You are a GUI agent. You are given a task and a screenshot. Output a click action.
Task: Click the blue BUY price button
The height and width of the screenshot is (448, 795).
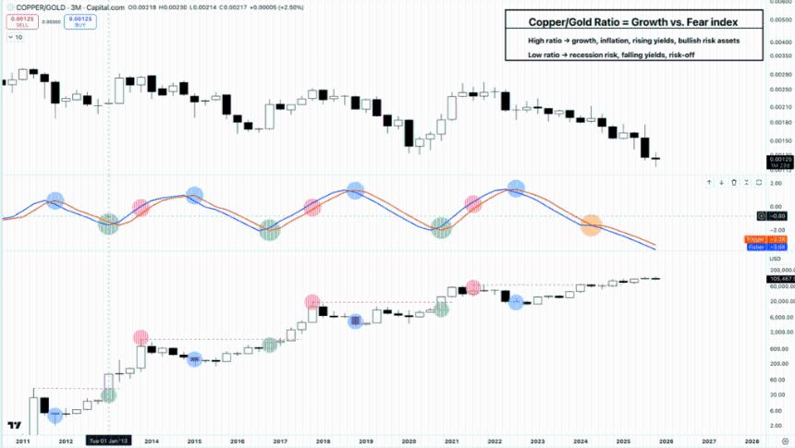point(79,22)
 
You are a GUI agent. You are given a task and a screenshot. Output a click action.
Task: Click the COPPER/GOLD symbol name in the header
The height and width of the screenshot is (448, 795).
point(39,7)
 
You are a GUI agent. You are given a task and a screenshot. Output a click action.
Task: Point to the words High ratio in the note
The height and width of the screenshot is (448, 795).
point(531,42)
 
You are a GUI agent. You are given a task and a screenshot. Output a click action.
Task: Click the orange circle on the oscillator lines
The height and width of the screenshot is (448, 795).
point(591,224)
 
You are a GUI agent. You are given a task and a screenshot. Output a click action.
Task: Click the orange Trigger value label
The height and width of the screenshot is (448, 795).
point(755,239)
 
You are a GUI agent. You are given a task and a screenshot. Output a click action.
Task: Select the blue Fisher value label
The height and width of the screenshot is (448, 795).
point(755,247)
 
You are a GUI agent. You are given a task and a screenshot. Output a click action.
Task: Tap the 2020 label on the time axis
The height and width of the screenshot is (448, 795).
point(408,442)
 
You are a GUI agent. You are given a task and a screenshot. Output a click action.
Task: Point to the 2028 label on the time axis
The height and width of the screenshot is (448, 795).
point(752,442)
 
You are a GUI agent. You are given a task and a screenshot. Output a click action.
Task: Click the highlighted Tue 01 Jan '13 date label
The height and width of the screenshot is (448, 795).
point(109,442)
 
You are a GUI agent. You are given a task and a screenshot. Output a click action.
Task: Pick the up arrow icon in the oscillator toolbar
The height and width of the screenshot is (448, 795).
point(709,182)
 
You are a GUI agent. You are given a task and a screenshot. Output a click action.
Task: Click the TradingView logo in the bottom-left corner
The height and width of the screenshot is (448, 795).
point(13,426)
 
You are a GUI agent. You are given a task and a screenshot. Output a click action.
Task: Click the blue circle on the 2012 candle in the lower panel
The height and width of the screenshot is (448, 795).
point(55,415)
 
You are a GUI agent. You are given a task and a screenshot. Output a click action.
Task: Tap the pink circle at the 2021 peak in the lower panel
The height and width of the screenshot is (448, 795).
point(473,287)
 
